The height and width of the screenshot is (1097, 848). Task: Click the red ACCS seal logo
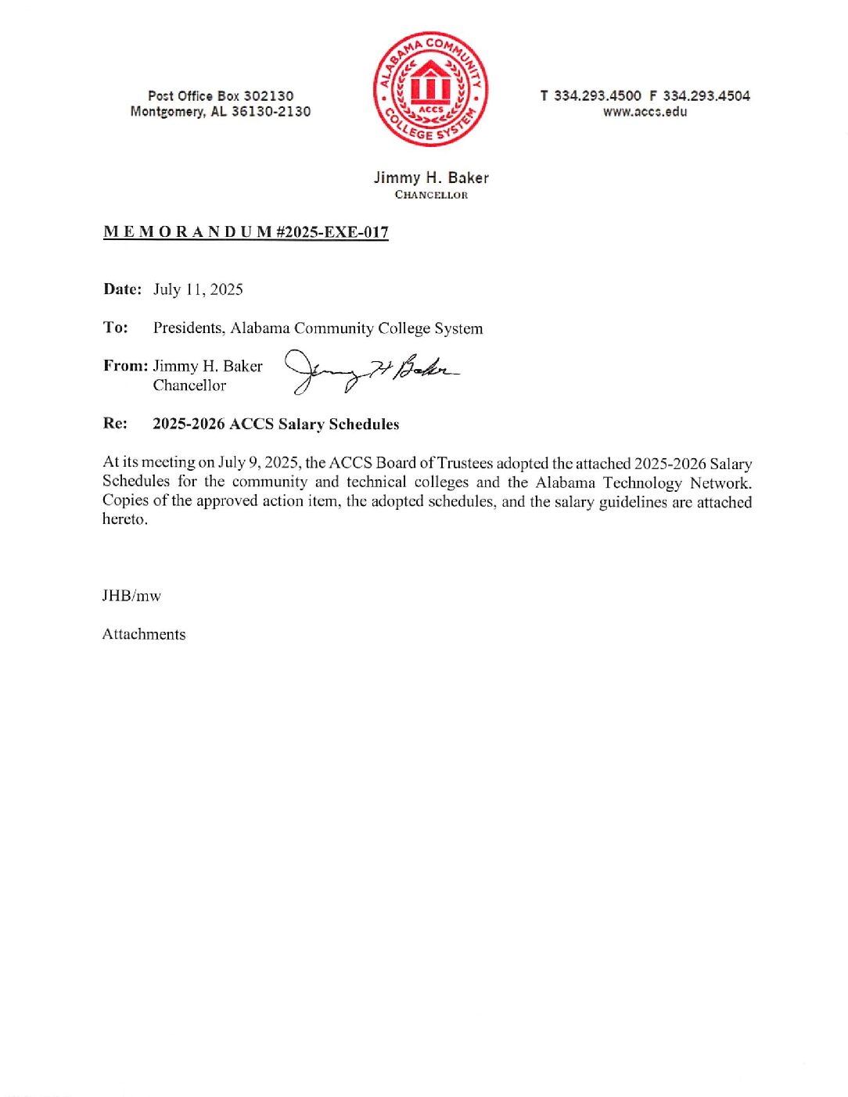pyautogui.click(x=430, y=89)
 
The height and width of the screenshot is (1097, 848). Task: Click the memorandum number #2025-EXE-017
pyautogui.click(x=332, y=232)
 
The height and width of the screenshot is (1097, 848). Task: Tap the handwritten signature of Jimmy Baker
pyautogui.click(x=371, y=370)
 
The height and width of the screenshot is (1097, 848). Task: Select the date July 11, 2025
pyautogui.click(x=198, y=289)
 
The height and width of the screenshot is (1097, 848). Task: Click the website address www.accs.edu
pyautogui.click(x=645, y=112)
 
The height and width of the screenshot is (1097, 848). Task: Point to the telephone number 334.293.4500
pyautogui.click(x=597, y=95)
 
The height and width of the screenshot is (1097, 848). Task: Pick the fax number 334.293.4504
pyautogui.click(x=706, y=95)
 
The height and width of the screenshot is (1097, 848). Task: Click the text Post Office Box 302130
pyautogui.click(x=221, y=95)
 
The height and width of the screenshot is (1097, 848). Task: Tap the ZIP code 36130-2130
pyautogui.click(x=271, y=112)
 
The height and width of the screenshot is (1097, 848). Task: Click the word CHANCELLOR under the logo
pyautogui.click(x=431, y=195)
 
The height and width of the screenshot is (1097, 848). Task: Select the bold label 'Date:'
pyautogui.click(x=122, y=289)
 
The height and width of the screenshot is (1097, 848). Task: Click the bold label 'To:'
pyautogui.click(x=115, y=328)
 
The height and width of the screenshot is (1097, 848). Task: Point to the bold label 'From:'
pyautogui.click(x=125, y=366)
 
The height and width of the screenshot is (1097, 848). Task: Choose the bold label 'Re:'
pyautogui.click(x=115, y=424)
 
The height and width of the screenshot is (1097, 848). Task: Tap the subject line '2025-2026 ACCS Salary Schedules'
pyautogui.click(x=275, y=424)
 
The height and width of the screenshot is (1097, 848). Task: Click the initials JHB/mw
pyautogui.click(x=131, y=596)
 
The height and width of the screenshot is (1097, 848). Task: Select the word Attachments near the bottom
pyautogui.click(x=144, y=634)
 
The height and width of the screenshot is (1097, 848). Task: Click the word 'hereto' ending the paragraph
pyautogui.click(x=124, y=519)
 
